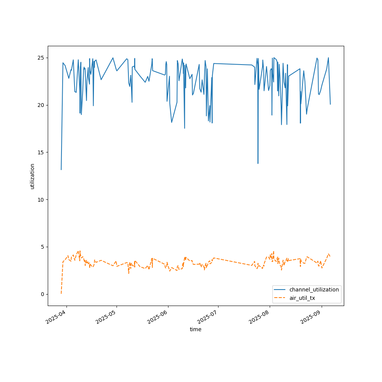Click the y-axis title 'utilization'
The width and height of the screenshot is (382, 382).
coord(32,176)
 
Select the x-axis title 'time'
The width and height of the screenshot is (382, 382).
coord(196,329)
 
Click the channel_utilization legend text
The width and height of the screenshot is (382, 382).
coord(314,290)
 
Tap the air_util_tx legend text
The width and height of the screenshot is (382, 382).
coord(302,298)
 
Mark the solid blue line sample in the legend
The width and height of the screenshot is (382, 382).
coord(280,290)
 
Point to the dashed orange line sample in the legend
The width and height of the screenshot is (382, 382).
coord(280,298)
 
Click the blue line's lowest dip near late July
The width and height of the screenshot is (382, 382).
coord(258,163)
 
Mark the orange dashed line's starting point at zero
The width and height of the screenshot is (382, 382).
coord(61,294)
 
